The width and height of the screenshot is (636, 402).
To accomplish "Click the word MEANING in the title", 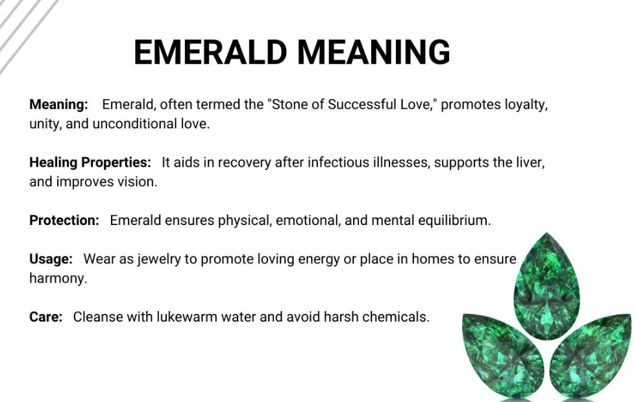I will (373, 52).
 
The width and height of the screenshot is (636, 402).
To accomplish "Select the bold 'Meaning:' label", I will (58, 104).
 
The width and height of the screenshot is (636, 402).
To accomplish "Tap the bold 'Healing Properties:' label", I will (90, 162).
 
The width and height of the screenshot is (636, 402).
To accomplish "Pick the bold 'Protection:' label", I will (64, 220).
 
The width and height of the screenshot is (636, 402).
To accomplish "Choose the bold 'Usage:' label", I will (51, 259).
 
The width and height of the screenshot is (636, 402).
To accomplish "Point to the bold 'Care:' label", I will (45, 317).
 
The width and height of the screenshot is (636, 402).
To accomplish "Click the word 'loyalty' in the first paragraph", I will (525, 104).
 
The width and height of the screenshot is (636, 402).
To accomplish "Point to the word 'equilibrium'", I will (452, 220).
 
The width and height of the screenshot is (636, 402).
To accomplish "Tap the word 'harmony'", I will (57, 279).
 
